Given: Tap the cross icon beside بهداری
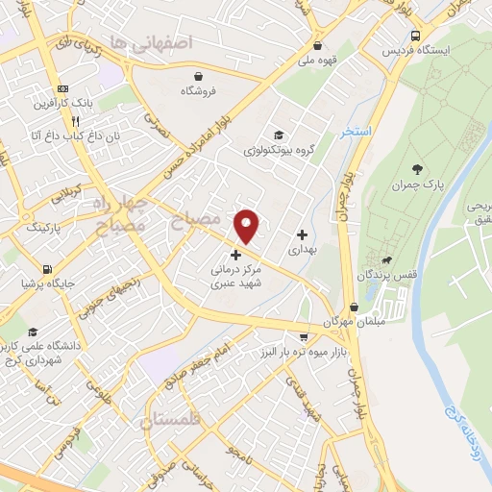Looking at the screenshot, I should [x=303, y=234].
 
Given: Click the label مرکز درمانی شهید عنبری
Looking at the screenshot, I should [x=235, y=278].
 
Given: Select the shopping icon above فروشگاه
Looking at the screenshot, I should [x=197, y=75].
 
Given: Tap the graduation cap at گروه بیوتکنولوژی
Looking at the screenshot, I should [x=279, y=135].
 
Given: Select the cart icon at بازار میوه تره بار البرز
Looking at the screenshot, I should [x=304, y=338].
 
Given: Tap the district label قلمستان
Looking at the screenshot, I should [x=173, y=420].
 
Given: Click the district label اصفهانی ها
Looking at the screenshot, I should [x=152, y=42].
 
